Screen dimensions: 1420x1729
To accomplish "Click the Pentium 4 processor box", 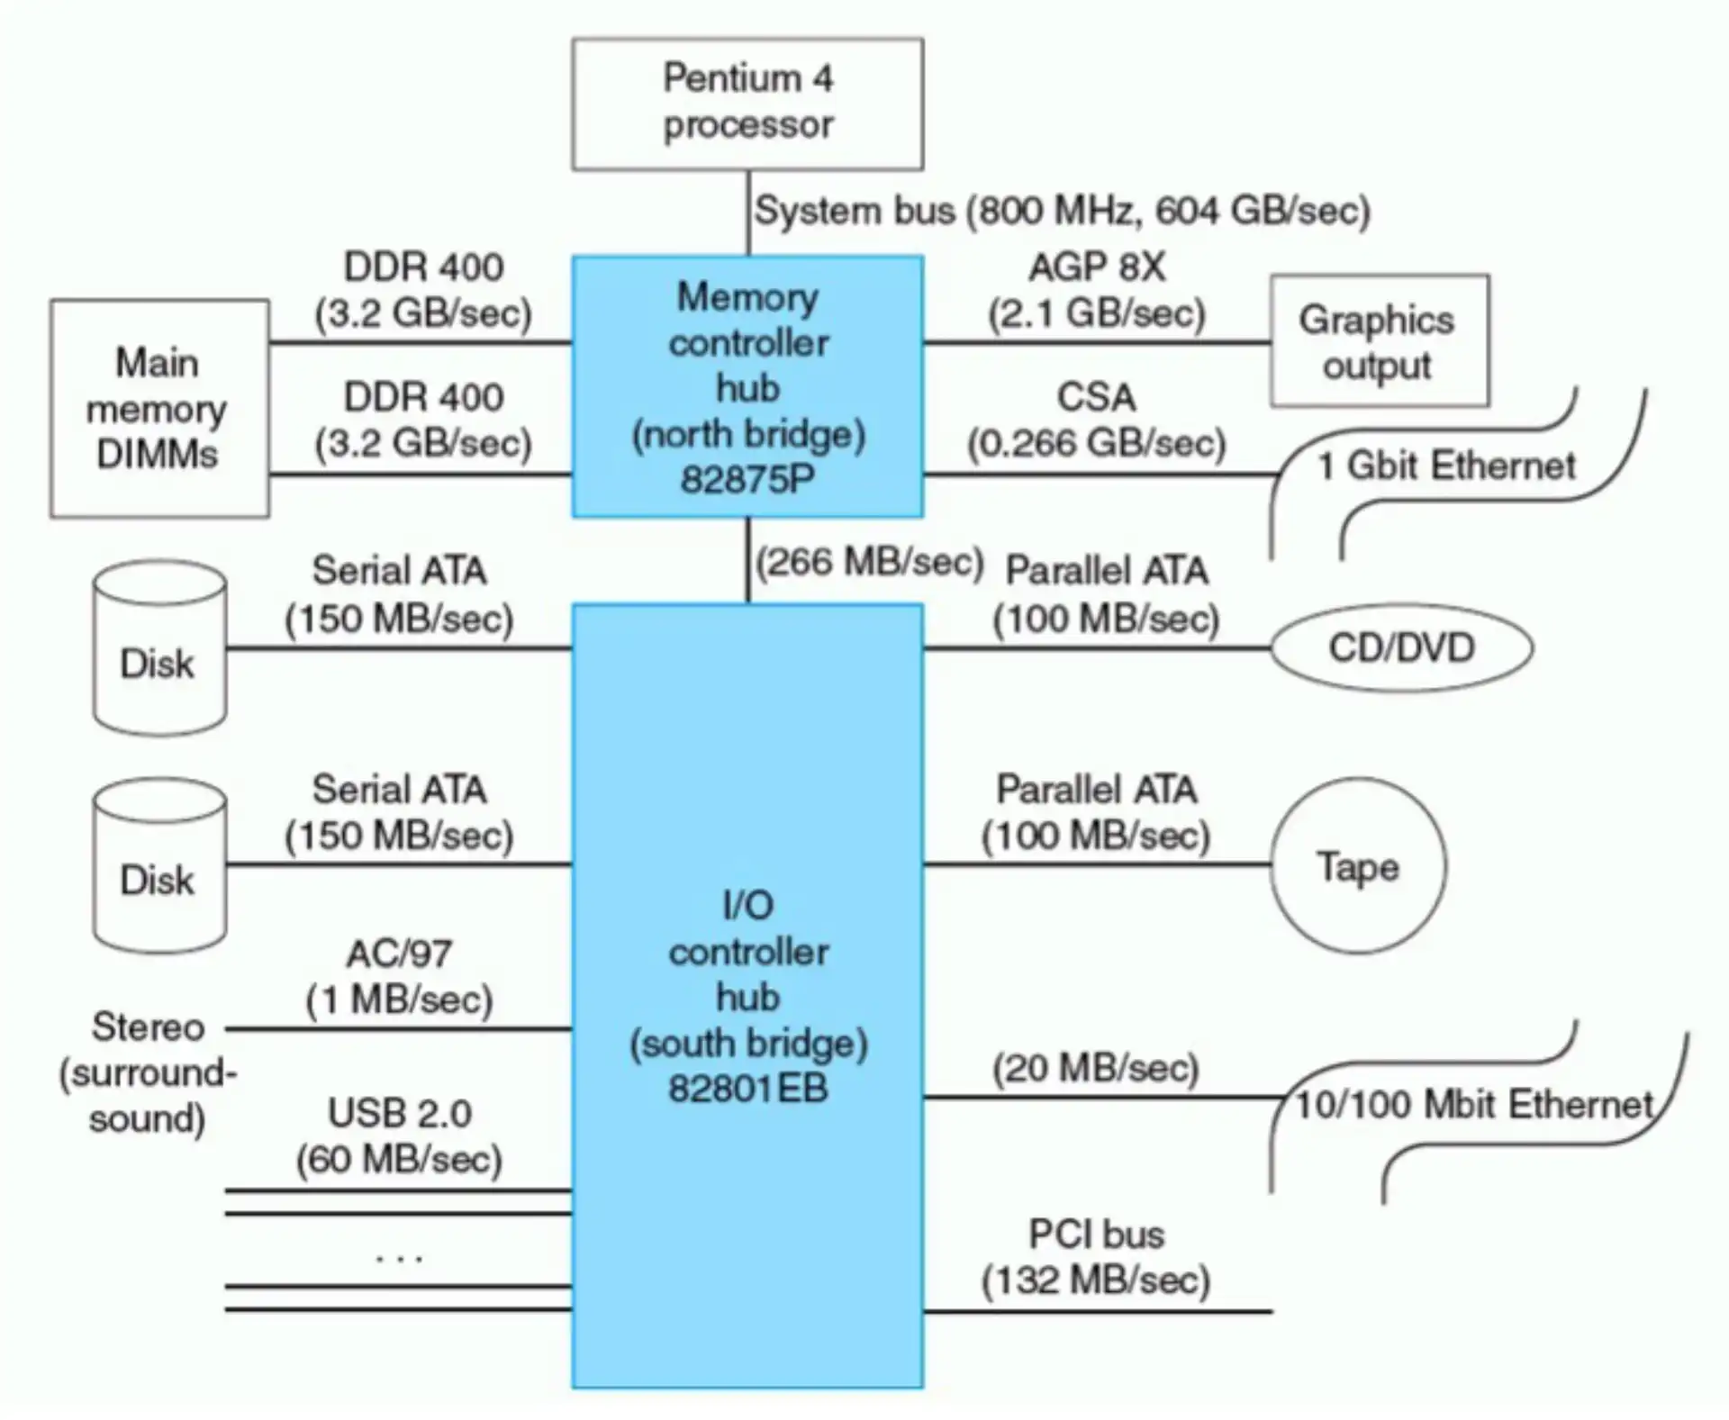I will click(747, 103).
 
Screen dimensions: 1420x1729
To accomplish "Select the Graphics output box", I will click(1378, 341).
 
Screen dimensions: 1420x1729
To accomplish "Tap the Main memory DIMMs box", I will click(158, 408).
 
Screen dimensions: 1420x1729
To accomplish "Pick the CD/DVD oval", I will click(1400, 647).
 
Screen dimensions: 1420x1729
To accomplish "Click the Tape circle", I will click(1357, 866).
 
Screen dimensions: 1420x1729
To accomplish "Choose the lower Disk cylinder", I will click(159, 867).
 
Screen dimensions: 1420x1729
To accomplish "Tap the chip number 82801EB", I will click(747, 1089).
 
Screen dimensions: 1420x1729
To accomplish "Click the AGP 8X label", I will click(1096, 267).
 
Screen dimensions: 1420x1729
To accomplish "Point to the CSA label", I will click(1096, 397).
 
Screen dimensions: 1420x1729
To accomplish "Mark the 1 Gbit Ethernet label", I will click(1446, 466).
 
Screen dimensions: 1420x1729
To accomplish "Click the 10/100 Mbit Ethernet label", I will click(1474, 1105).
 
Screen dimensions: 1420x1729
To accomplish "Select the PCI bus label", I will click(1096, 1235).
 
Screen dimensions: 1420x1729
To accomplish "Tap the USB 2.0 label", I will click(399, 1114).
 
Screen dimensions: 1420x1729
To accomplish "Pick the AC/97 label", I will click(399, 954).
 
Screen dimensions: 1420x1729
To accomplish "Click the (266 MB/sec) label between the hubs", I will click(869, 563).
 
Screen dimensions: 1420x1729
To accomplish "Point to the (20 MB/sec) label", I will click(1096, 1069).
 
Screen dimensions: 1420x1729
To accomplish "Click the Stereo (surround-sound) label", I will click(148, 1072).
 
